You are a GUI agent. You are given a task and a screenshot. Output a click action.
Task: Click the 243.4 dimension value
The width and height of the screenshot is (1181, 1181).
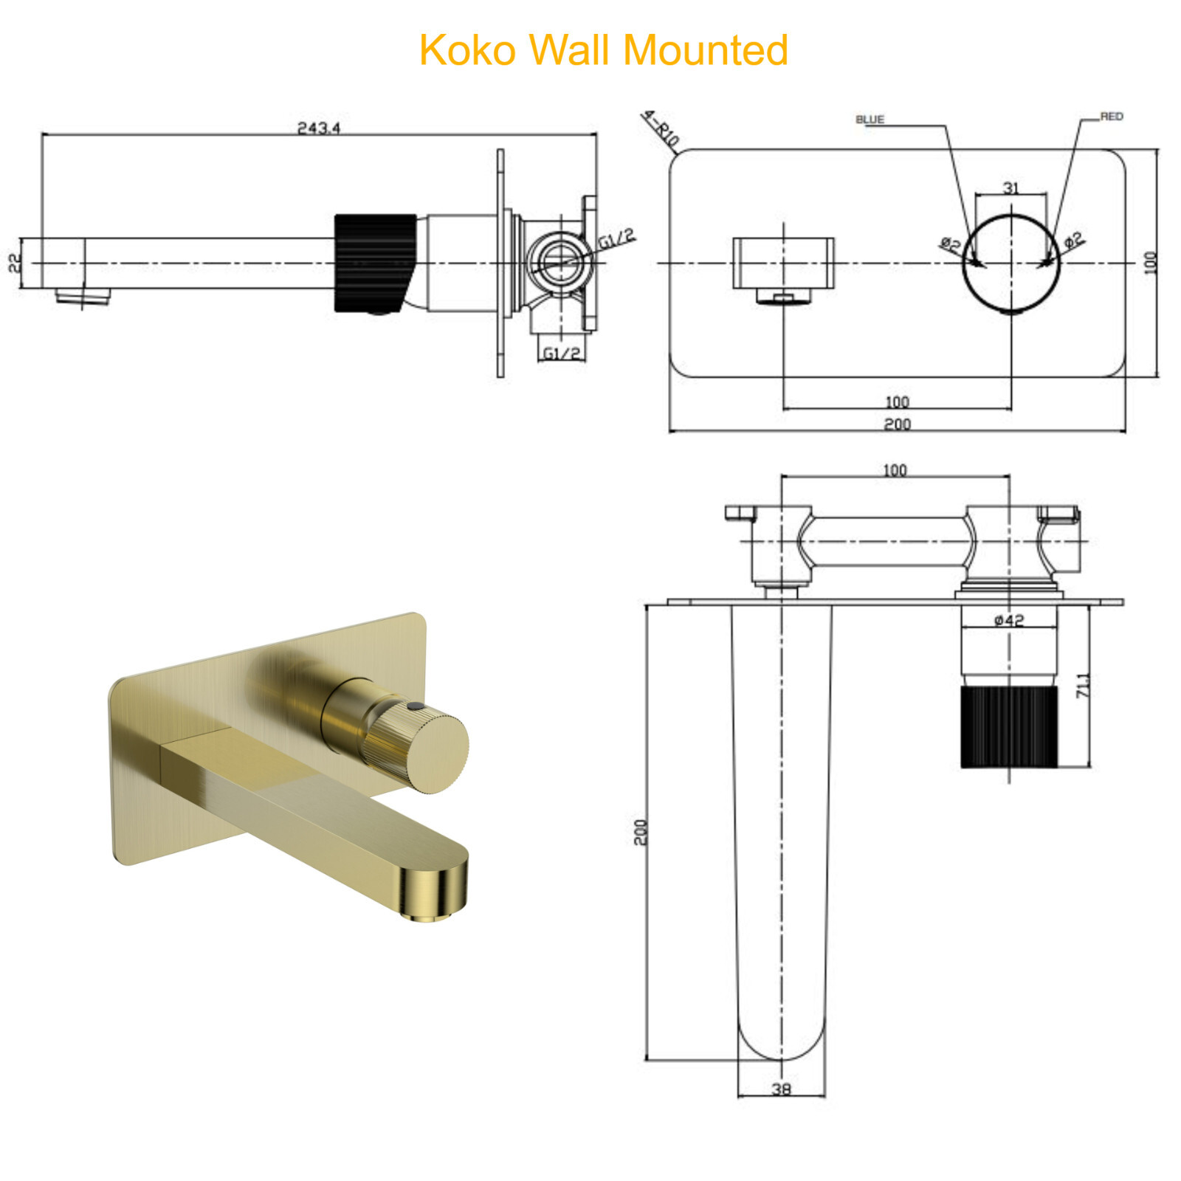pos(318,128)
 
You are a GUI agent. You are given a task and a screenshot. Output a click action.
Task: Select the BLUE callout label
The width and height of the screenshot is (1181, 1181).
pos(870,119)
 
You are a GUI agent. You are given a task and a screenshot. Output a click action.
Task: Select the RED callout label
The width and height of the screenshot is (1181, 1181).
pos(1111,117)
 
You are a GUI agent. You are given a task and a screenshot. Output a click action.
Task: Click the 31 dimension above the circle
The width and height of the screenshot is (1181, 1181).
pos(1010,187)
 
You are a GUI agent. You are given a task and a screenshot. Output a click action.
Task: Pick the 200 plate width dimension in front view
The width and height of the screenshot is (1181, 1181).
pos(897,424)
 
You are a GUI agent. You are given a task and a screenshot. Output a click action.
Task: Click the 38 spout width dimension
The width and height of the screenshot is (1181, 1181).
pos(781,1089)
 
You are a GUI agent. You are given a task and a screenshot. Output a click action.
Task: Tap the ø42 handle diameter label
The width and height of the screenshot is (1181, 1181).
pos(1008,620)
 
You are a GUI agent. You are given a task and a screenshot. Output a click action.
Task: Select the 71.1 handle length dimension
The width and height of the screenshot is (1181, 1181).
pos(1082,685)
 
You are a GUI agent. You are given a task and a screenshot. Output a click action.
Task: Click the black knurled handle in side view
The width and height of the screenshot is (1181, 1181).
pos(374,263)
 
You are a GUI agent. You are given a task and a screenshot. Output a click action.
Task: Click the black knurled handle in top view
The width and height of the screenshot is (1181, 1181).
pos(1008,726)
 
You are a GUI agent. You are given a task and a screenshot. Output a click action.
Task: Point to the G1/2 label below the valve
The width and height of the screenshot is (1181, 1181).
pos(561,354)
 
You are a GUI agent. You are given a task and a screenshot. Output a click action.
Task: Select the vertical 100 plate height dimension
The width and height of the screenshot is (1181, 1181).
pos(1150,262)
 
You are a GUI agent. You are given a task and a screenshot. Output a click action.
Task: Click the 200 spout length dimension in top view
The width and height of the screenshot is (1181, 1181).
pos(640,832)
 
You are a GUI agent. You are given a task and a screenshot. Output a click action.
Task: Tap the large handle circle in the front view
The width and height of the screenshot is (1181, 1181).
pos(1010,263)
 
